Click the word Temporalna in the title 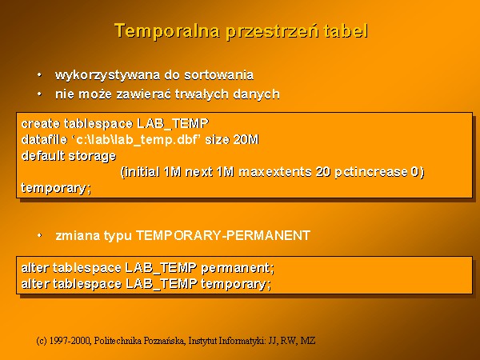coord(167,31)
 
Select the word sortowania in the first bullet coord(218,75)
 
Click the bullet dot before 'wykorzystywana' coord(39,74)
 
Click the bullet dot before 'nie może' coord(39,94)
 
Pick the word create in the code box coord(41,123)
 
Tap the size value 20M coord(246,139)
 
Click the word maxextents coord(274,172)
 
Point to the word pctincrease coord(370,172)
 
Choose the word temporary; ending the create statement coord(56,188)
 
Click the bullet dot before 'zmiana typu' coord(39,235)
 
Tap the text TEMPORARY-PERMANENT coord(223,235)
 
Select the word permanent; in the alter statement coord(238,269)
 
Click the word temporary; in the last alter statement coord(236,284)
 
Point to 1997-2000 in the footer coord(70,341)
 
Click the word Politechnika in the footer coord(118,341)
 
